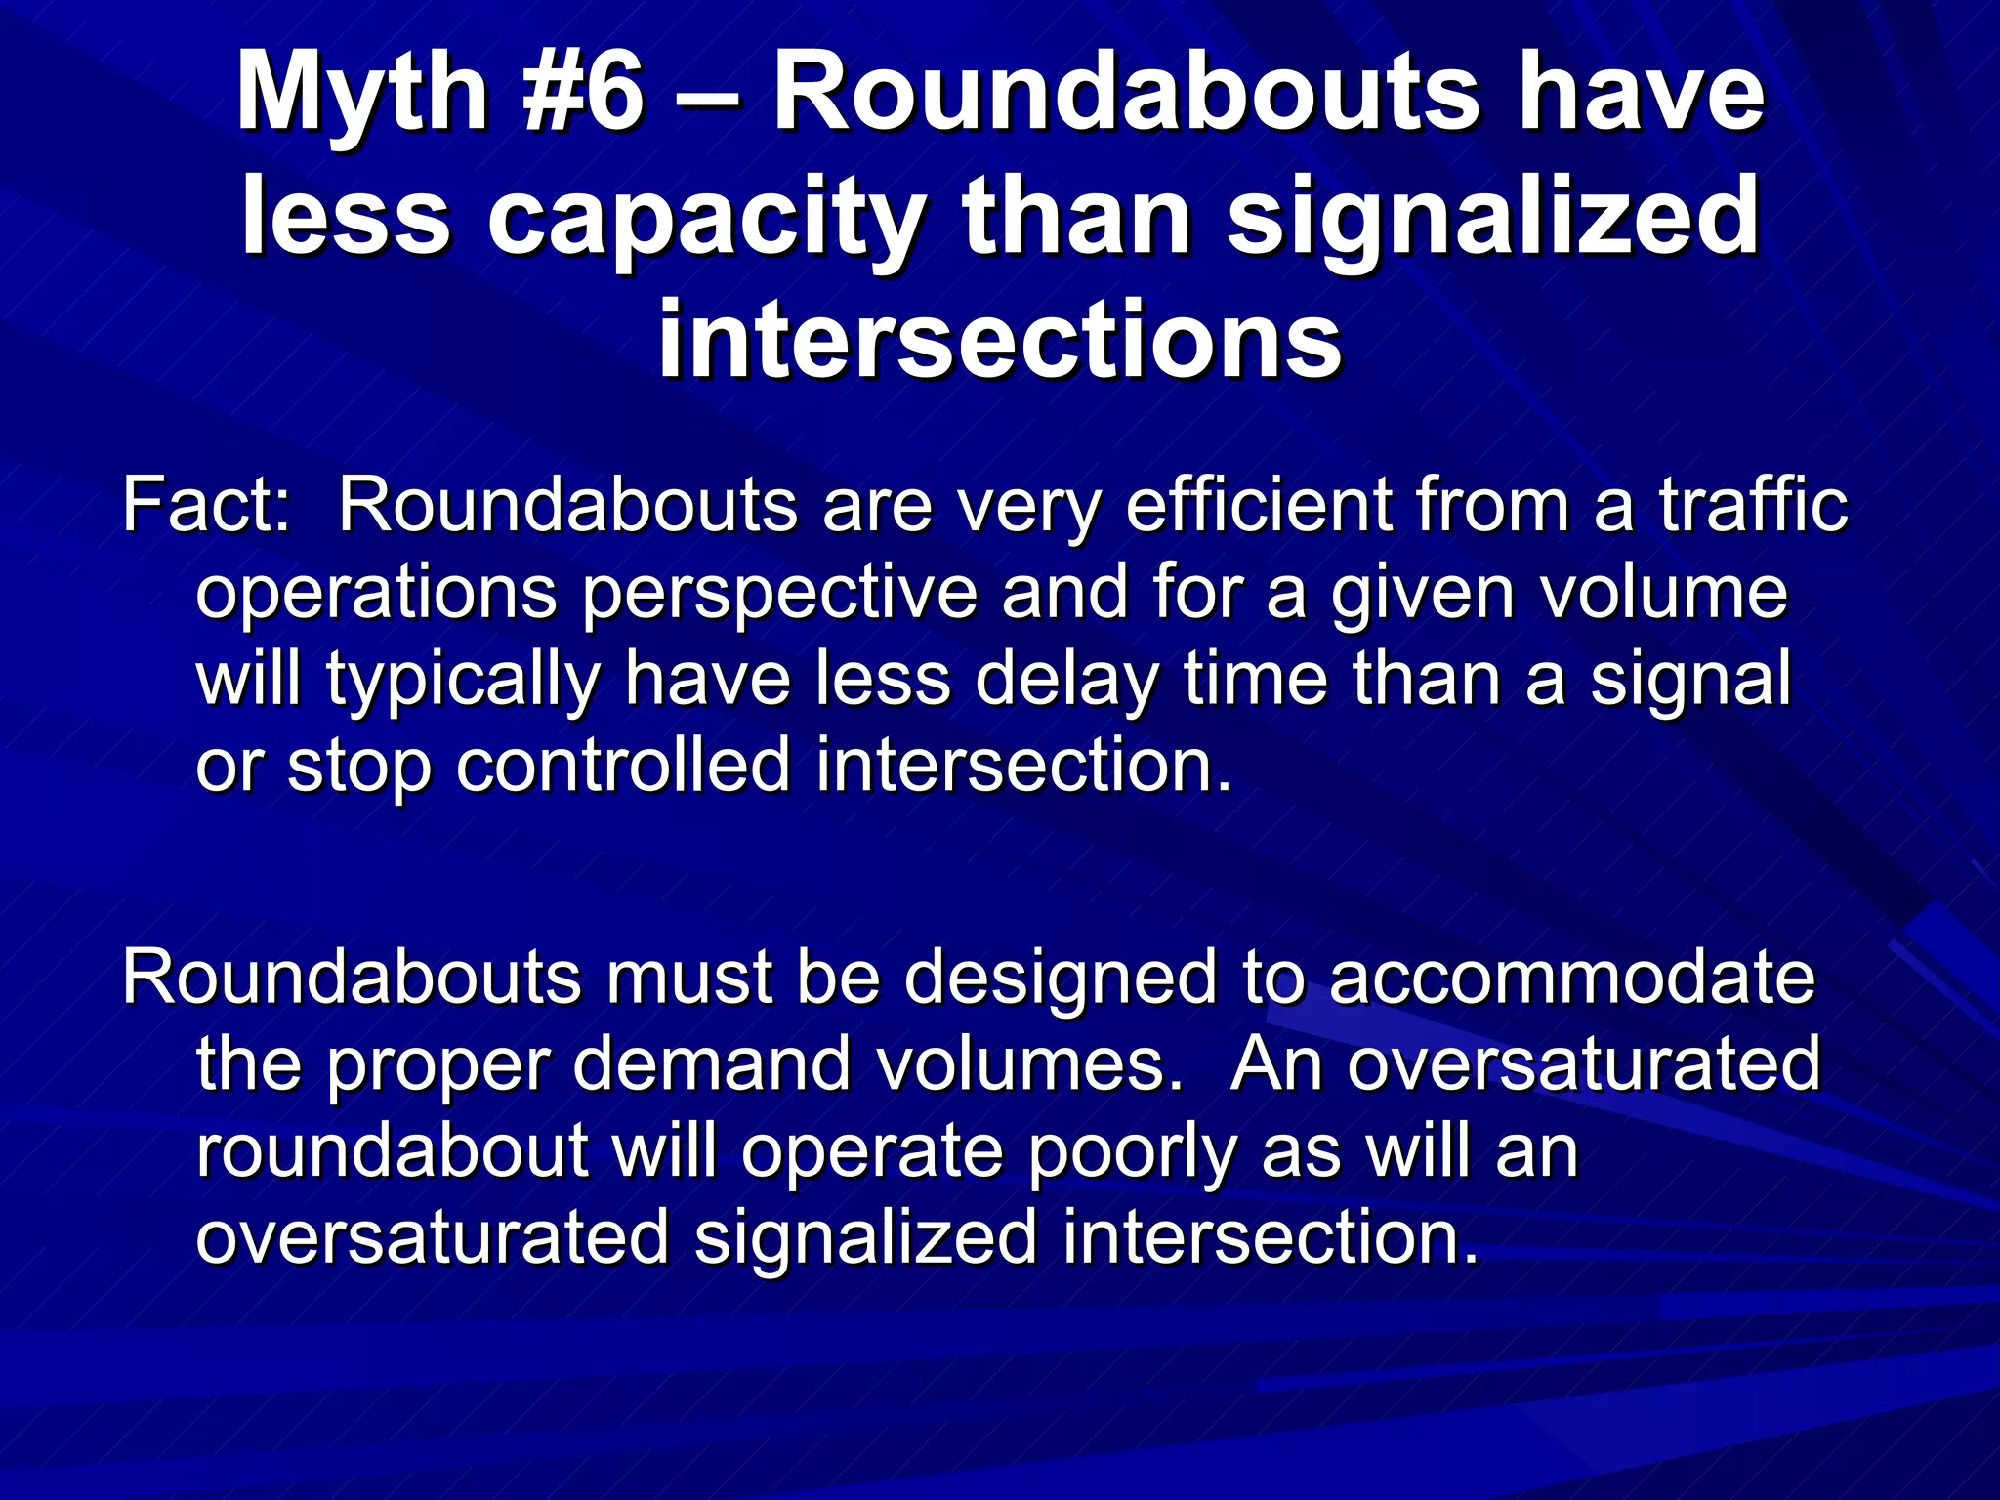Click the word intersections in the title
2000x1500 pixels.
(1000, 341)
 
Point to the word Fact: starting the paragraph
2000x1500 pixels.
(206, 506)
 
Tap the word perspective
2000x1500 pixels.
(780, 593)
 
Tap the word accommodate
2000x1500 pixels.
(1571, 978)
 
